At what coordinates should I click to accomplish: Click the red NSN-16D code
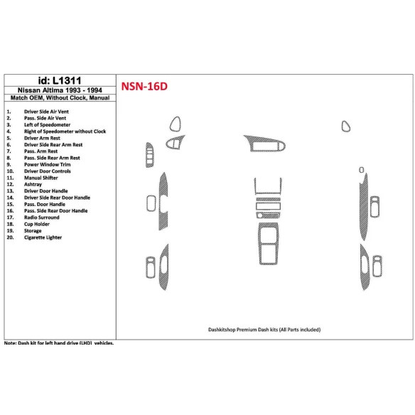[x=144, y=87]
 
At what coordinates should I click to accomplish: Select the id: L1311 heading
[x=59, y=80]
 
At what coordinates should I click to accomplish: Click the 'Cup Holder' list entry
[x=39, y=224]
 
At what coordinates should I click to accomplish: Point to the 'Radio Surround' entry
[x=43, y=217]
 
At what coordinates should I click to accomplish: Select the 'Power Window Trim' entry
[x=48, y=165]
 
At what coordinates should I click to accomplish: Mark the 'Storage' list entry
[x=34, y=230]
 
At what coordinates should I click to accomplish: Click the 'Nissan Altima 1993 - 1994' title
[x=59, y=90]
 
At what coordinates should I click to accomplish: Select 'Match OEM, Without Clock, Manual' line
[x=59, y=99]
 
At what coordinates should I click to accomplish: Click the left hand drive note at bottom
[x=59, y=343]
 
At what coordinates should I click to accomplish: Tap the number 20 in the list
[x=9, y=237]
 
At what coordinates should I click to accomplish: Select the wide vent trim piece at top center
[x=266, y=146]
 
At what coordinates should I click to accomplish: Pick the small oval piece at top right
[x=345, y=127]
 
